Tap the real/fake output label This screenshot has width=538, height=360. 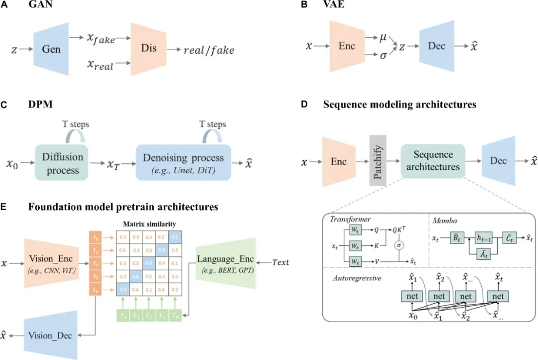[x=209, y=50]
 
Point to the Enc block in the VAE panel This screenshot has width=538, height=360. [x=347, y=45]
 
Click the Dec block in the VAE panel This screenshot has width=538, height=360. [x=436, y=45]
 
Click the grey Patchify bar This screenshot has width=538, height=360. [x=378, y=160]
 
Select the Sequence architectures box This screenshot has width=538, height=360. [x=432, y=161]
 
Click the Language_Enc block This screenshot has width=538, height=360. [x=225, y=263]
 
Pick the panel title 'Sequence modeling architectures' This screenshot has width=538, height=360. [x=400, y=105]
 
